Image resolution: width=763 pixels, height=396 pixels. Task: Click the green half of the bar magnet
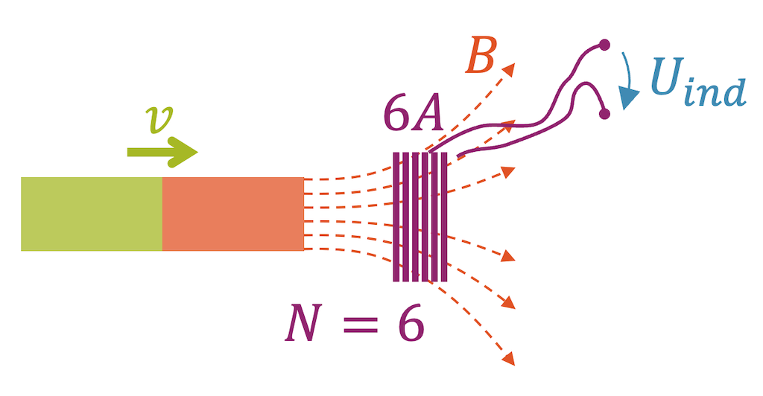coord(91,214)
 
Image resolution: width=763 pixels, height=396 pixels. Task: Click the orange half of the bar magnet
coord(232,214)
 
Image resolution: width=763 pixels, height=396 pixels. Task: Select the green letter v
coord(157,119)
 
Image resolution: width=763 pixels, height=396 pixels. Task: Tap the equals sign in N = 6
coord(359,328)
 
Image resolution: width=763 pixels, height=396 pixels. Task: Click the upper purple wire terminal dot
coord(604,45)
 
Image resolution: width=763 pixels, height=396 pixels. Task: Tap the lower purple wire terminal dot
coord(604,114)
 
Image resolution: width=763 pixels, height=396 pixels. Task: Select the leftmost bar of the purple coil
coord(396,217)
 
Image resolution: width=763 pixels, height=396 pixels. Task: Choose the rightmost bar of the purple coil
coord(444,217)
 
